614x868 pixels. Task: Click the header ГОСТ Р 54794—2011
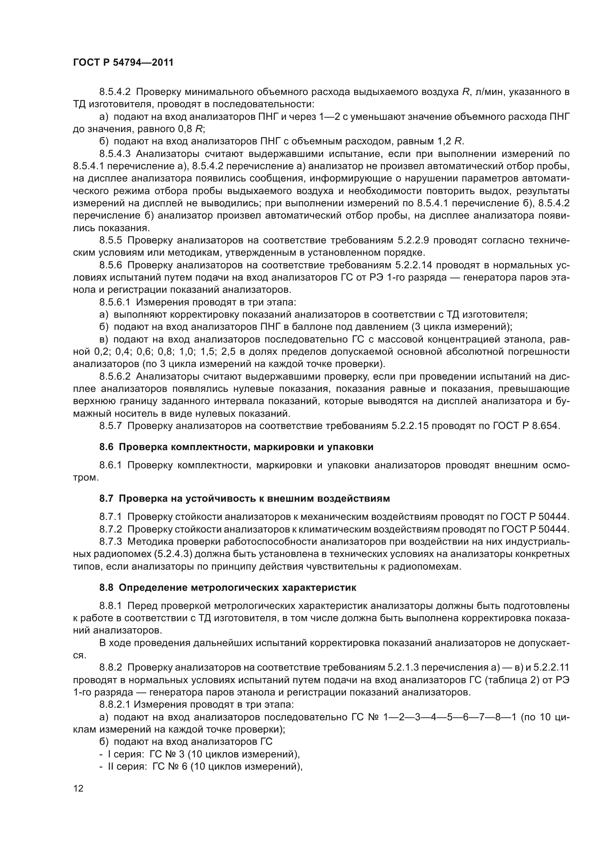123,63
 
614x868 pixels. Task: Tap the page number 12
78,789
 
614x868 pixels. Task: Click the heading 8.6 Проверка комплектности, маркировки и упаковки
236,447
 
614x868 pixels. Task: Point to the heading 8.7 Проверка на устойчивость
244,499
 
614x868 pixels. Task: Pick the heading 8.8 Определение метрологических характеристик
228,588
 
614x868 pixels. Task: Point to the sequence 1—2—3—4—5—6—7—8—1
450,718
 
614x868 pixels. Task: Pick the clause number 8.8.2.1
115,705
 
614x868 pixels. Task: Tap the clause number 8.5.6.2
115,377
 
